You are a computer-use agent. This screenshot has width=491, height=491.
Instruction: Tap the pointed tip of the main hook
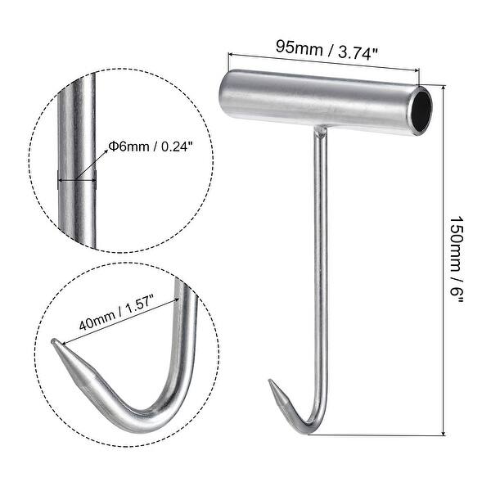271,381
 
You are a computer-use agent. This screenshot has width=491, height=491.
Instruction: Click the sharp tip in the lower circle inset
54,342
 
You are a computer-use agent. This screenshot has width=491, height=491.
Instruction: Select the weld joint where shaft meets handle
320,130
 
